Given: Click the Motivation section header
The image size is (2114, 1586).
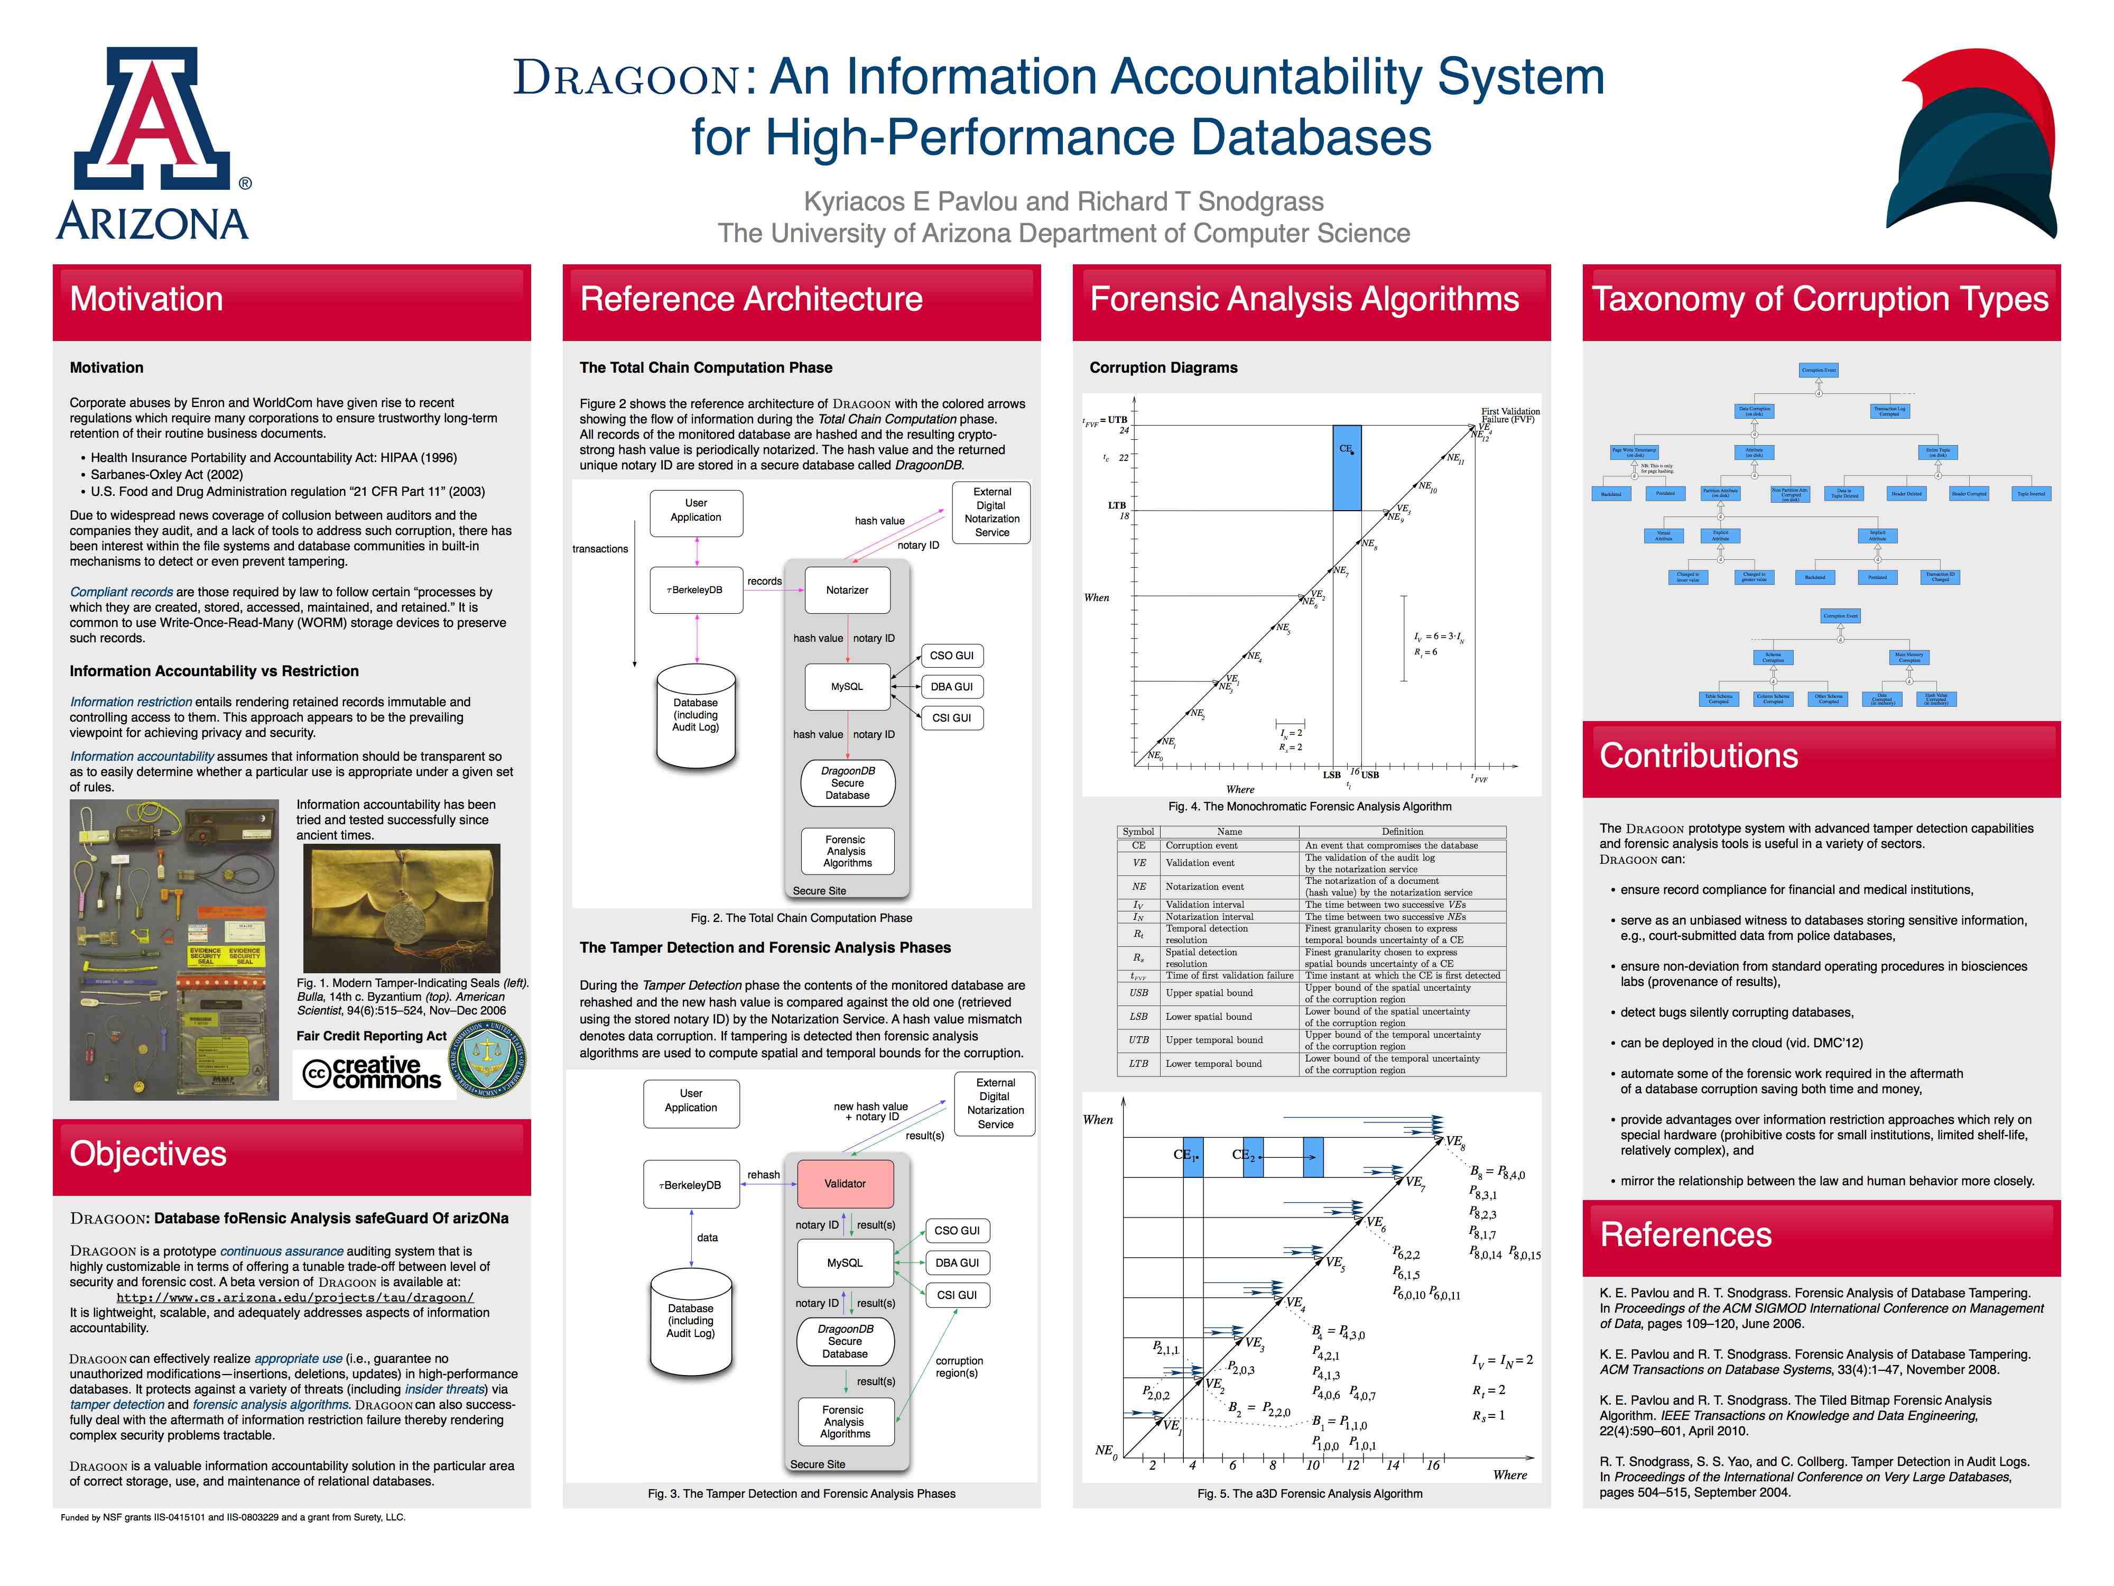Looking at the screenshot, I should click(146, 299).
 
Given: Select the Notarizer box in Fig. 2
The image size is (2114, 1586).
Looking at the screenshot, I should click(847, 590).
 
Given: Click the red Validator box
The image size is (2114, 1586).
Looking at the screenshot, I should click(845, 1184).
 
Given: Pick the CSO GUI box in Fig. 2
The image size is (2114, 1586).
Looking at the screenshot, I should click(952, 656).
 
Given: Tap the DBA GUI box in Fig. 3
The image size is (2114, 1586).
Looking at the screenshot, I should click(957, 1263).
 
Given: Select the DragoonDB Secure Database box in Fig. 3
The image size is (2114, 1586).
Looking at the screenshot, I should click(845, 1341).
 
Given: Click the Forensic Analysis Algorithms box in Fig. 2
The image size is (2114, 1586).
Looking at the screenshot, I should click(847, 851).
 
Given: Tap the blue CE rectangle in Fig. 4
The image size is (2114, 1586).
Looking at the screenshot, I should click(1347, 468).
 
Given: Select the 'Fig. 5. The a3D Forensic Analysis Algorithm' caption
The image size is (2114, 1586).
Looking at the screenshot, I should click(1309, 1493).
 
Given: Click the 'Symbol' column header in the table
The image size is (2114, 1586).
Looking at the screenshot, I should click(1138, 832).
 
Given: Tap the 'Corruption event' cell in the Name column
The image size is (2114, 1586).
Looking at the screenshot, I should click(1201, 845).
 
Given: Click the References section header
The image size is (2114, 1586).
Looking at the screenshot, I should click(1686, 1235).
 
